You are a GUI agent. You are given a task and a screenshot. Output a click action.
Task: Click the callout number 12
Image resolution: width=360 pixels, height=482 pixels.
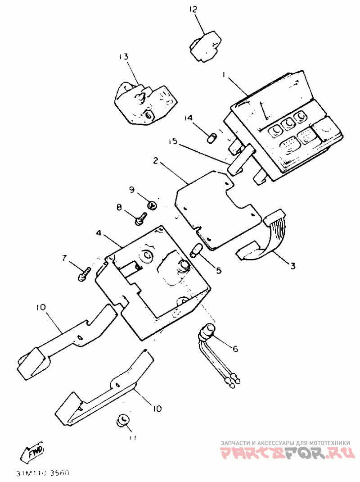point(193,9)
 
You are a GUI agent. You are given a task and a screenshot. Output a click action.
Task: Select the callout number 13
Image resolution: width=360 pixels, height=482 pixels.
point(123,57)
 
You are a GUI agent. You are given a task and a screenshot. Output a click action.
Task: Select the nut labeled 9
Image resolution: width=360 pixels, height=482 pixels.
point(152,205)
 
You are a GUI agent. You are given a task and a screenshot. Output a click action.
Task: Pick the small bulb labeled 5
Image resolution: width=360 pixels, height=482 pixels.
point(196,250)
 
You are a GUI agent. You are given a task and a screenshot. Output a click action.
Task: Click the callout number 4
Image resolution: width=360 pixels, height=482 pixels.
point(98,234)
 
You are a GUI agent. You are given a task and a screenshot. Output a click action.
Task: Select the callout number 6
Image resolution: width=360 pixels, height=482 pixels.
point(235,348)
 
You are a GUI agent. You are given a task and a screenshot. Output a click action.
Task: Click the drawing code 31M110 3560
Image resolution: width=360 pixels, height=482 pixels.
point(42,473)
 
